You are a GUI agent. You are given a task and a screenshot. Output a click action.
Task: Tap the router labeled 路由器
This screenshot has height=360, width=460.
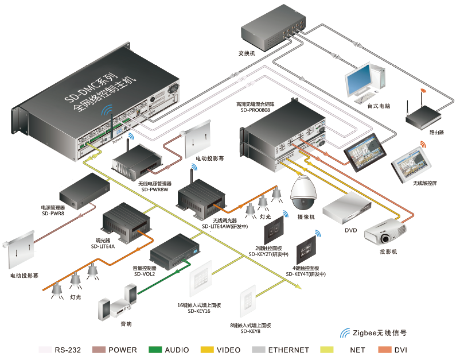tap(426, 117)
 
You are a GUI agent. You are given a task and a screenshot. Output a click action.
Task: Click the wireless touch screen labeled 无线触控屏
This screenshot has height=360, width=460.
tap(414, 164)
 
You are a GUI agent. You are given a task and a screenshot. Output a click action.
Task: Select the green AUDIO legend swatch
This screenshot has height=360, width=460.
tap(155, 350)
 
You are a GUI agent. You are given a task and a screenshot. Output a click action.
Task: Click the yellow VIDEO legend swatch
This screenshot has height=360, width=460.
tap(207, 350)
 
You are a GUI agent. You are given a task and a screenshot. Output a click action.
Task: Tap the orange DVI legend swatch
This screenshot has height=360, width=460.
tap(384, 350)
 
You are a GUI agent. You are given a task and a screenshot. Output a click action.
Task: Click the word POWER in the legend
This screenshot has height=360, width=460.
tap(123, 350)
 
